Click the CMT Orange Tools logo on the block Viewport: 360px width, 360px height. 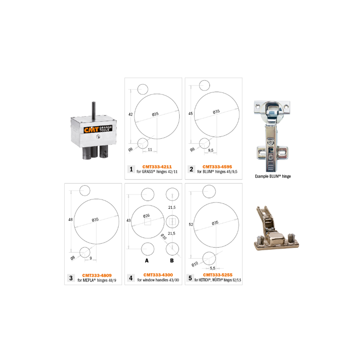coord(98,129)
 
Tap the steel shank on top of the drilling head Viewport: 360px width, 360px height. coord(94,110)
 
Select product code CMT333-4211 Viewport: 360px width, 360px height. coord(157,167)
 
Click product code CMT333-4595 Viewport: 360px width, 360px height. coord(217,167)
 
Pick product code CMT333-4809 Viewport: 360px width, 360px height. coord(97,275)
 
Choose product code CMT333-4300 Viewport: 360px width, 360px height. coord(158,275)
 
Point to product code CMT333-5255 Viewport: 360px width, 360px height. coord(218,275)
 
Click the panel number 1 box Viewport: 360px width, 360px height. coord(131,169)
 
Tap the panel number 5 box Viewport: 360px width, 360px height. coord(190,278)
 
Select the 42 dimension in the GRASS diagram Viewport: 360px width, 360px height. coord(130,114)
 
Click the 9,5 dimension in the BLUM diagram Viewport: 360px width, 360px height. coord(211,150)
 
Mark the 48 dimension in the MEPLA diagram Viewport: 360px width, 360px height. coord(71,220)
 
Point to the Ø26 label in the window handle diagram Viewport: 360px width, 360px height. coord(146,216)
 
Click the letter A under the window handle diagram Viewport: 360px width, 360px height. coord(147,261)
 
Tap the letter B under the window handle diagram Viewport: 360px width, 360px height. coord(172,261)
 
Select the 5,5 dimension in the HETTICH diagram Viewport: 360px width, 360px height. coord(212,268)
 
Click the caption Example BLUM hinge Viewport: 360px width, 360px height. coord(273,176)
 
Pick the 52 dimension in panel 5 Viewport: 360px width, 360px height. coord(191,224)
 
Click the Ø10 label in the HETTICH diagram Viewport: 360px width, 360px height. coord(195,264)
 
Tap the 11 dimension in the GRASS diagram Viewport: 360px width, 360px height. coord(150,149)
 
